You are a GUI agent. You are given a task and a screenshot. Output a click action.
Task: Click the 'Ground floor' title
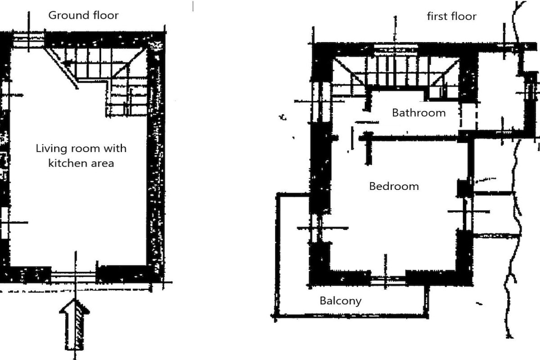83,15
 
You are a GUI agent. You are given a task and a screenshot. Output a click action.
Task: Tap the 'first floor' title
451,16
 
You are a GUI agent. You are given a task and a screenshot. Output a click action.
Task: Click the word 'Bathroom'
419,113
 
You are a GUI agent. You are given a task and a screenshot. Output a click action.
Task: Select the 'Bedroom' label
394,186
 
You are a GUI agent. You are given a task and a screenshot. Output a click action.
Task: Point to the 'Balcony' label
341,301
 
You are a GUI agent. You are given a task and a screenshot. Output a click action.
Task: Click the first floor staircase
396,73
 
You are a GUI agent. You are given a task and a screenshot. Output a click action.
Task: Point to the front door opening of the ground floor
73,275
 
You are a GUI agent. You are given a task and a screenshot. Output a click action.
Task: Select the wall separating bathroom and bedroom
410,138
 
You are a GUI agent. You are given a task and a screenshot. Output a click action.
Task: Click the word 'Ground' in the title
66,15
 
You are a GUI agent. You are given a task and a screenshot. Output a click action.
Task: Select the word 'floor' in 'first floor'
465,16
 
